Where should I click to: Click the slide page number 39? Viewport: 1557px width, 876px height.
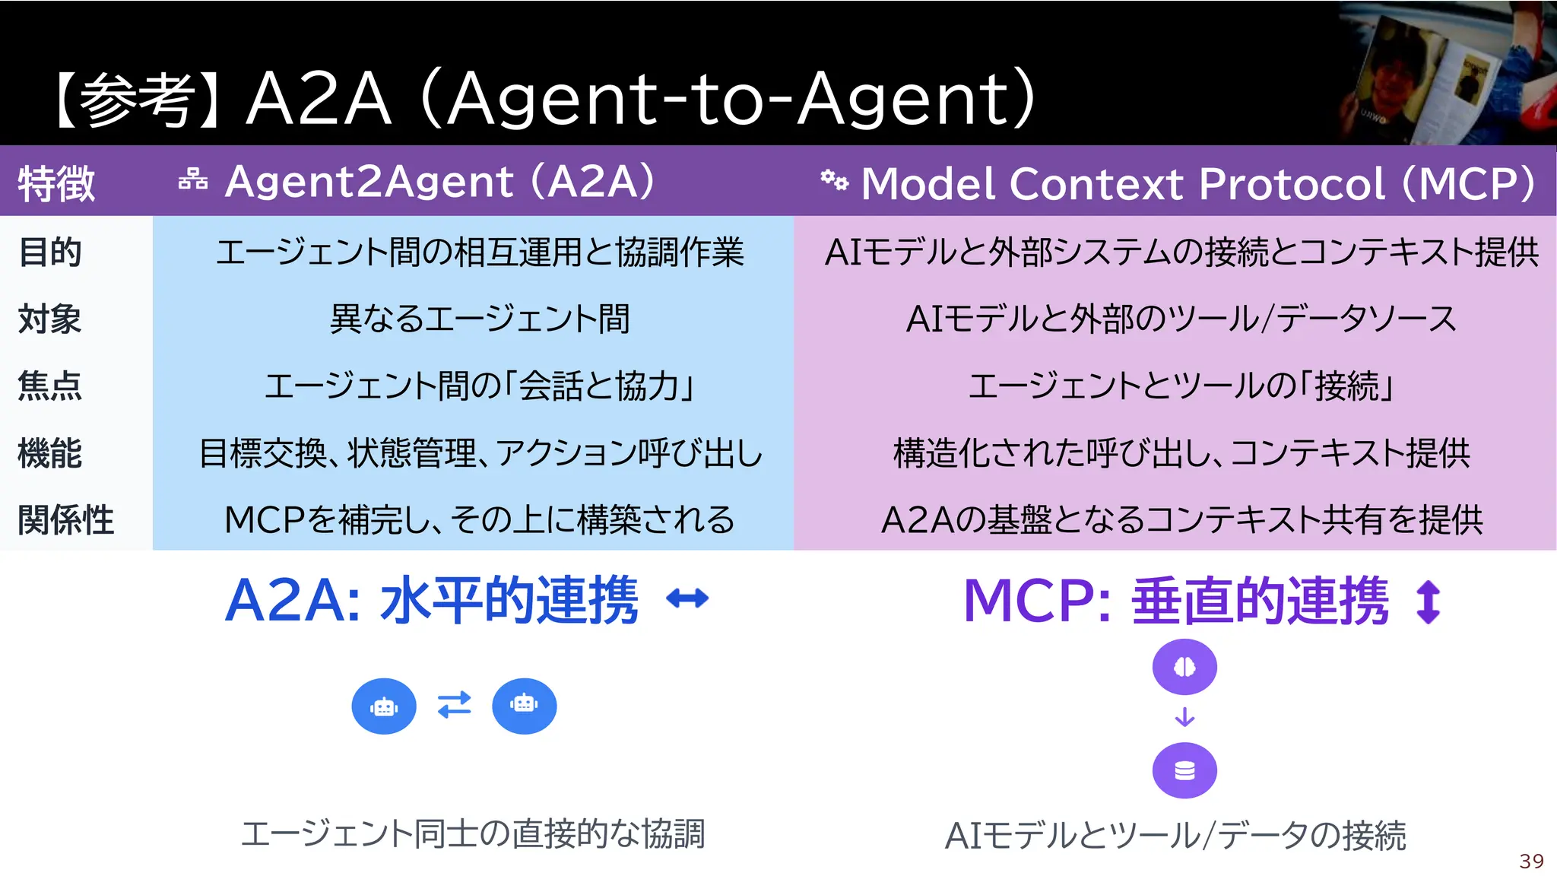point(1531,861)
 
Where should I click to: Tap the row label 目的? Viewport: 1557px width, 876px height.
point(50,252)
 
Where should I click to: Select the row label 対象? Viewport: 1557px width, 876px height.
point(50,319)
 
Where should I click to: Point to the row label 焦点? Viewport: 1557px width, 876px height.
point(50,386)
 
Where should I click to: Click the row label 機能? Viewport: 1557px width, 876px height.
point(50,453)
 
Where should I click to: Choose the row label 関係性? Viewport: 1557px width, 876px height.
point(66,520)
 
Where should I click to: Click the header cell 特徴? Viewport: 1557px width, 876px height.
point(56,183)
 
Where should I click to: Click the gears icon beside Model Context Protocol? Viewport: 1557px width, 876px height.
point(834,180)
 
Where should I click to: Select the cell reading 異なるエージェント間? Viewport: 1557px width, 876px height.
point(480,319)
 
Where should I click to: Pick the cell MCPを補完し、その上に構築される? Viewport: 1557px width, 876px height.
point(480,520)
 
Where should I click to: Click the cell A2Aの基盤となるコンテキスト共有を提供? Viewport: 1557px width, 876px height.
point(1181,520)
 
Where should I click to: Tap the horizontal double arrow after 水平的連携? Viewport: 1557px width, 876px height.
point(687,599)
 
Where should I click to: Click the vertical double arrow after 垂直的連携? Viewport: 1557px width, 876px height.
point(1429,601)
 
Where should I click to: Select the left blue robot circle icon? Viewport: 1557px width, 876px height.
point(384,706)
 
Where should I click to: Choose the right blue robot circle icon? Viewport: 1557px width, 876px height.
point(524,706)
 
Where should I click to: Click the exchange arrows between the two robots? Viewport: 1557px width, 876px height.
point(455,705)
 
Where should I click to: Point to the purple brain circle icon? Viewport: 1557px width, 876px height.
point(1184,667)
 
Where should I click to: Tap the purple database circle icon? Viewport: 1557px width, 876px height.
point(1184,771)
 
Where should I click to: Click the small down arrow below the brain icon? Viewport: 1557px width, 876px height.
point(1184,717)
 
